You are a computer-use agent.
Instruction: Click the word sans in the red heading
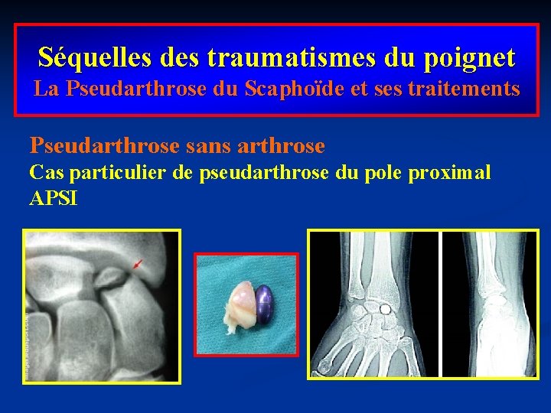pos(202,145)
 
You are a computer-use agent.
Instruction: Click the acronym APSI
pos(54,199)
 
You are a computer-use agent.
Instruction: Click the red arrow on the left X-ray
pos(137,265)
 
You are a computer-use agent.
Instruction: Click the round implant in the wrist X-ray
pos(386,310)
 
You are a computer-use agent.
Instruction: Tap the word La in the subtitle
pos(46,89)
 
